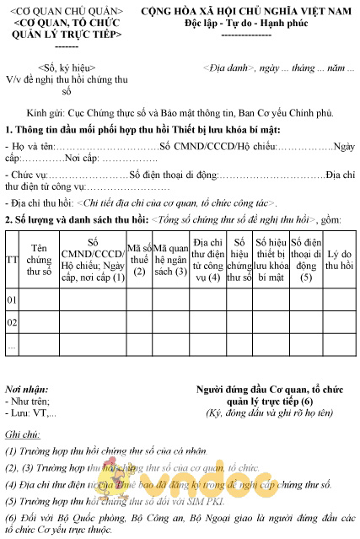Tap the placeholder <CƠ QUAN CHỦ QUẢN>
[67, 10]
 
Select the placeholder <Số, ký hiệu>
[67, 67]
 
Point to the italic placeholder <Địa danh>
[228, 67]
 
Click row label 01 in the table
[13, 299]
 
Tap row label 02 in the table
[13, 323]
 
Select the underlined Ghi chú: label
[23, 434]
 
